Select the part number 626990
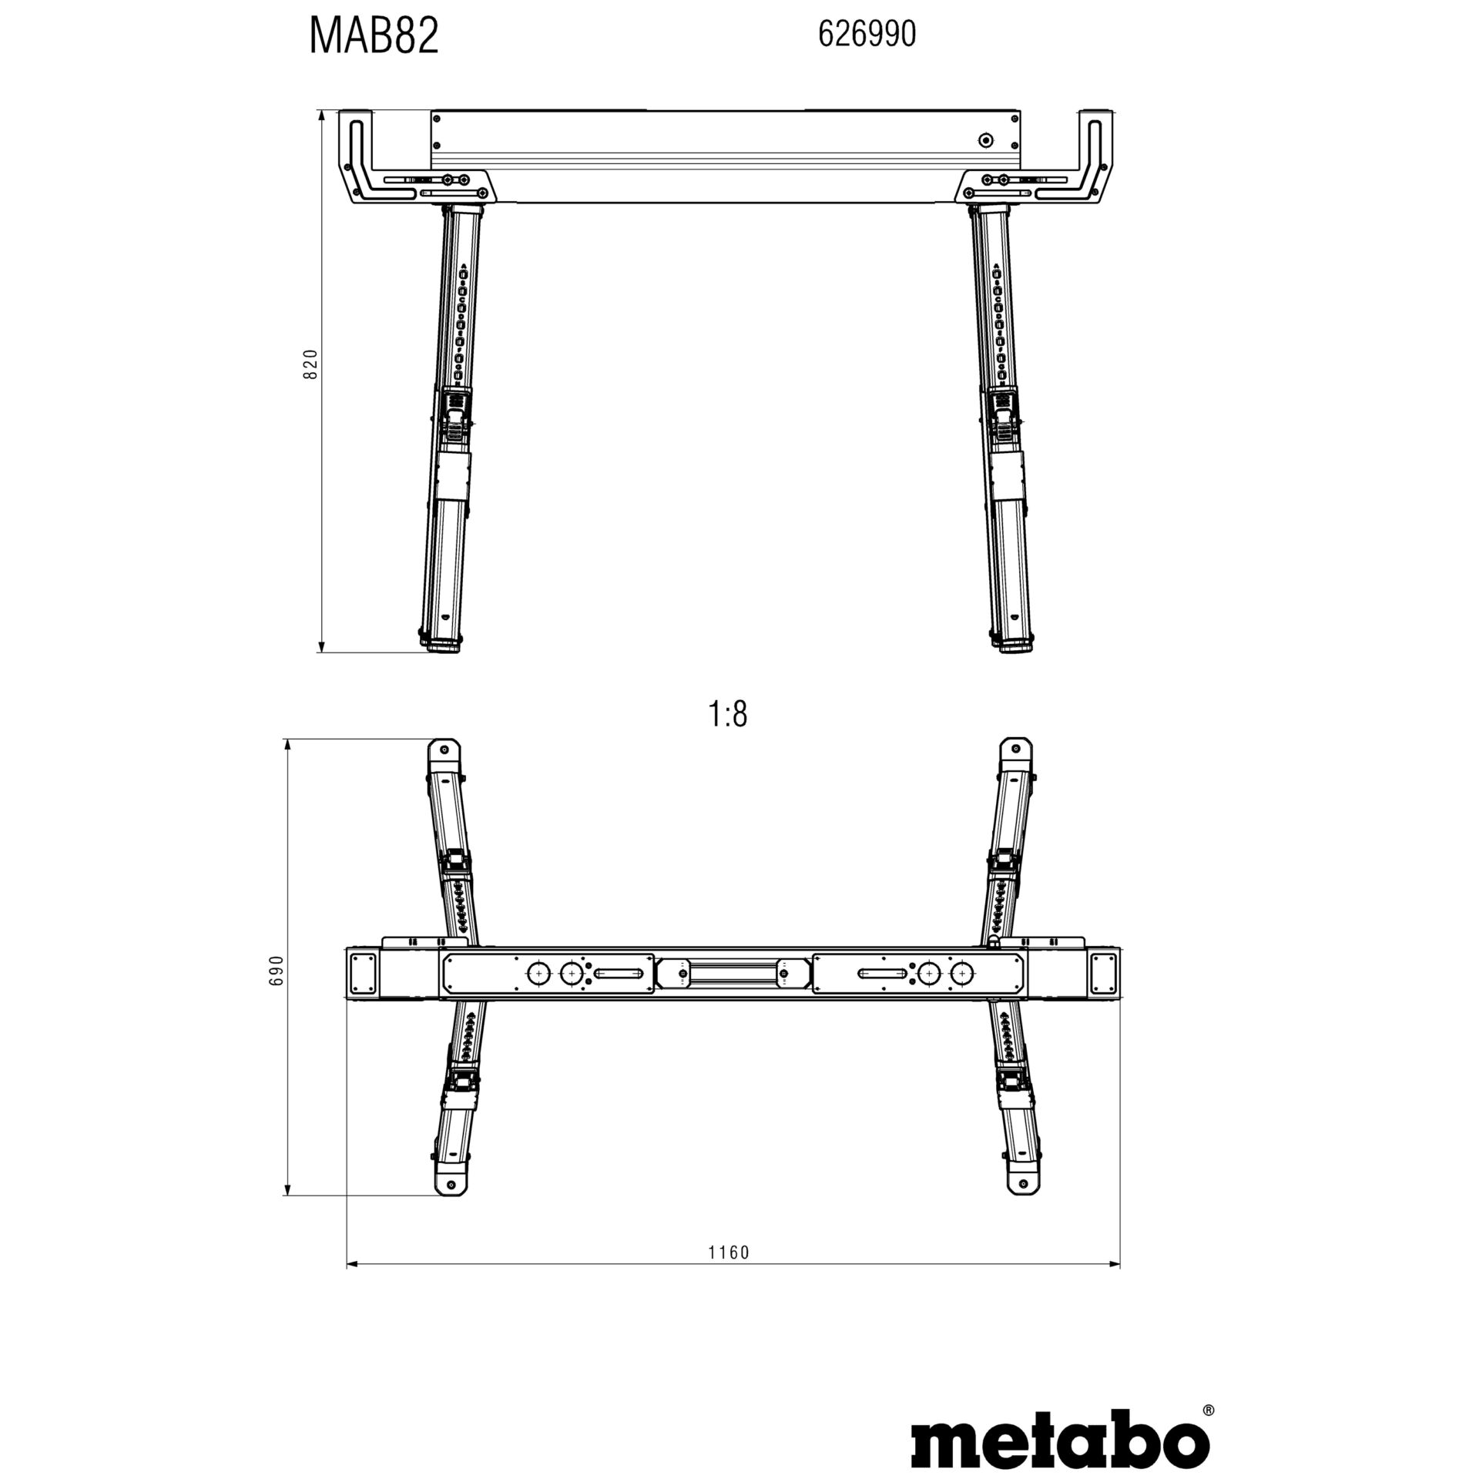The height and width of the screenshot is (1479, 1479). tap(867, 35)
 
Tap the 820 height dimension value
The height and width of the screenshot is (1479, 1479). tap(310, 364)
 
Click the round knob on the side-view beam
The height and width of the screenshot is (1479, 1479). tap(984, 139)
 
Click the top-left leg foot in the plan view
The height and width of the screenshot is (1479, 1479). tap(444, 751)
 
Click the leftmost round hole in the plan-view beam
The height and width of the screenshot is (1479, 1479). tap(537, 974)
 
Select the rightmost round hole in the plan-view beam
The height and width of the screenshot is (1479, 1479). tap(961, 974)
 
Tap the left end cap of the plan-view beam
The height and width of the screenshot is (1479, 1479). tap(364, 974)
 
